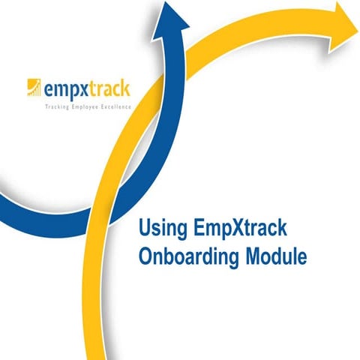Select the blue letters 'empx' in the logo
[x=65, y=90]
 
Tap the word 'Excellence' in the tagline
[x=115, y=107]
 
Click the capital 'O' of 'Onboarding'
[x=147, y=256]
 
